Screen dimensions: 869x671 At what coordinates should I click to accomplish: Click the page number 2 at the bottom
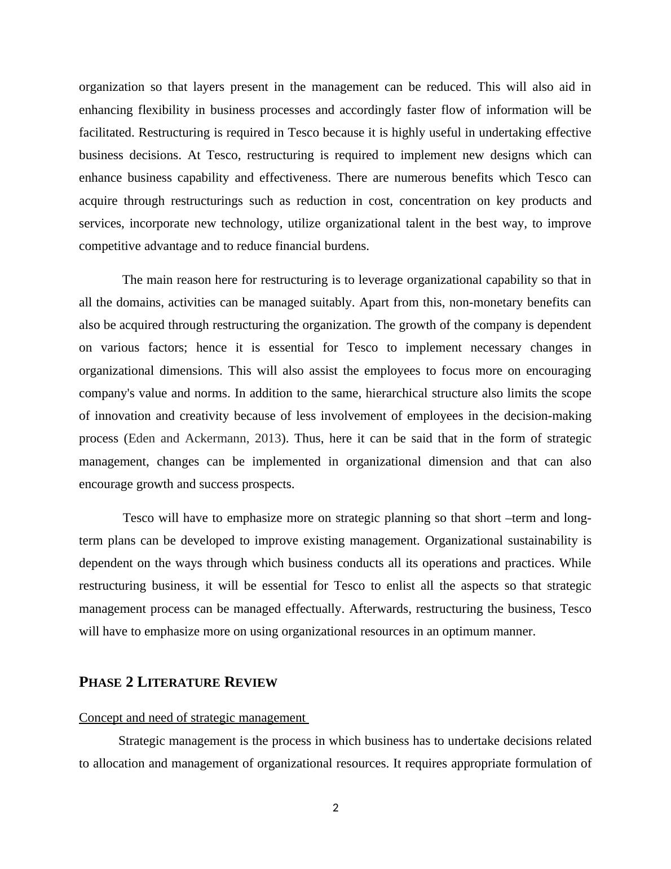coord(335,808)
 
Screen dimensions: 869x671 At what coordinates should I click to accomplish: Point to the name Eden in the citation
coord(143,438)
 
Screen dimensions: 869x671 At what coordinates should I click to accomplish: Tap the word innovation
coord(123,416)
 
